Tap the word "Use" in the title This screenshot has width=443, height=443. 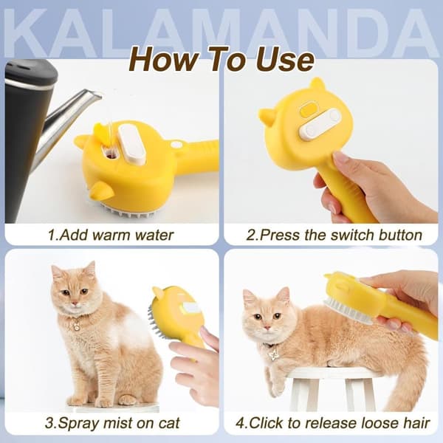coord(285,60)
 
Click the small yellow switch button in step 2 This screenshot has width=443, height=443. coord(308,111)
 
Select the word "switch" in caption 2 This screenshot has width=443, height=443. coord(351,235)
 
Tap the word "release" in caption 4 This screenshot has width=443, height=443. coord(332,423)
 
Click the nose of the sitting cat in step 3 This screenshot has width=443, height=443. coord(75,303)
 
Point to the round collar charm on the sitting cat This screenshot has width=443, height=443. coord(76,327)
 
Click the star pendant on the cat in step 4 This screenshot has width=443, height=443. coord(273,355)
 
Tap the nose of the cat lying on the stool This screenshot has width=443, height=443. coord(267,327)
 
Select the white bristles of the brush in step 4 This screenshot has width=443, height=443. coord(348,311)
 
